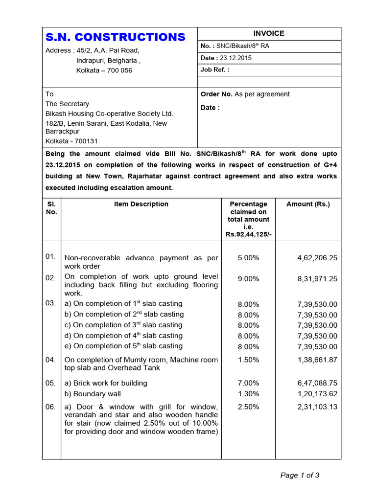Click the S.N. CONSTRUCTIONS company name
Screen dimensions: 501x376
(x=116, y=37)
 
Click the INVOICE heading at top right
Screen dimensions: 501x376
(x=268, y=33)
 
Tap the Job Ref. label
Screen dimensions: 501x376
(x=214, y=69)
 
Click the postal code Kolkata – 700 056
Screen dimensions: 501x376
(x=104, y=70)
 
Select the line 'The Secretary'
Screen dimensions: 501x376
(x=67, y=104)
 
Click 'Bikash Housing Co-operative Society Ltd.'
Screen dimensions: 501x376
(x=109, y=114)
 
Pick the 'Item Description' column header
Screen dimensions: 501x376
(x=141, y=204)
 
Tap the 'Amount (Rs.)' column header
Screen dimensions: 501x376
(x=308, y=204)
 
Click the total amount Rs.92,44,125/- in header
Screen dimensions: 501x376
(x=249, y=234)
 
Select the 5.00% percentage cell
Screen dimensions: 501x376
(x=248, y=257)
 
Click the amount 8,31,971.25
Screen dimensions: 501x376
(x=317, y=279)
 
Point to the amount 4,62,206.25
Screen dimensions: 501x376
(x=317, y=257)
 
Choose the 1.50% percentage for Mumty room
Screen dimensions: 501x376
(x=248, y=360)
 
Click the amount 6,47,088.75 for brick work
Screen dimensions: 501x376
(x=317, y=383)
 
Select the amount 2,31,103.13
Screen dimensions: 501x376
(x=317, y=407)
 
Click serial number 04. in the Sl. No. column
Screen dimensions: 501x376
(x=51, y=360)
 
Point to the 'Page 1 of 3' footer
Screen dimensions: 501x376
(x=300, y=475)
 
